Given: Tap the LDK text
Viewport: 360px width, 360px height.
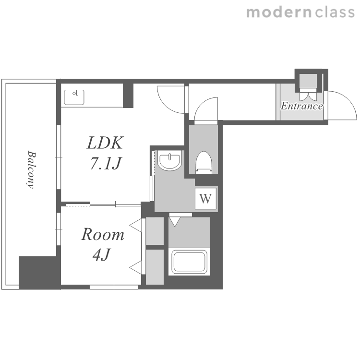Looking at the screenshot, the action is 105,143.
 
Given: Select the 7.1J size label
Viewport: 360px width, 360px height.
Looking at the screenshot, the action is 106,163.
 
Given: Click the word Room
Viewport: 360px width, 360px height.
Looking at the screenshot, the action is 103,234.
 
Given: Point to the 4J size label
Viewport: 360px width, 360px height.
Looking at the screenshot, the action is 102,254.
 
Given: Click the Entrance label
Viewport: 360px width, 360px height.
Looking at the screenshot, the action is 302,106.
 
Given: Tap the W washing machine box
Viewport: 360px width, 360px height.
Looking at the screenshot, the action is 205,198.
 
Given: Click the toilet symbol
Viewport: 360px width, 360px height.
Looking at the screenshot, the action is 204,162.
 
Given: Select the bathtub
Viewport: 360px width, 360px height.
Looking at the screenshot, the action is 190,262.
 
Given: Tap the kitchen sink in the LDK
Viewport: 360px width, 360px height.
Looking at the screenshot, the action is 74,97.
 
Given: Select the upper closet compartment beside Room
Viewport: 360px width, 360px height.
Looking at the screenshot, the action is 155,231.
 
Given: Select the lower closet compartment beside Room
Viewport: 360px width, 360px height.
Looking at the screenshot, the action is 155,267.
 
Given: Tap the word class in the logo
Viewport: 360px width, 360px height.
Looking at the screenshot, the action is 335,12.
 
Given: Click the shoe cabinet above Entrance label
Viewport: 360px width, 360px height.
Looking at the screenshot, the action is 308,81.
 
